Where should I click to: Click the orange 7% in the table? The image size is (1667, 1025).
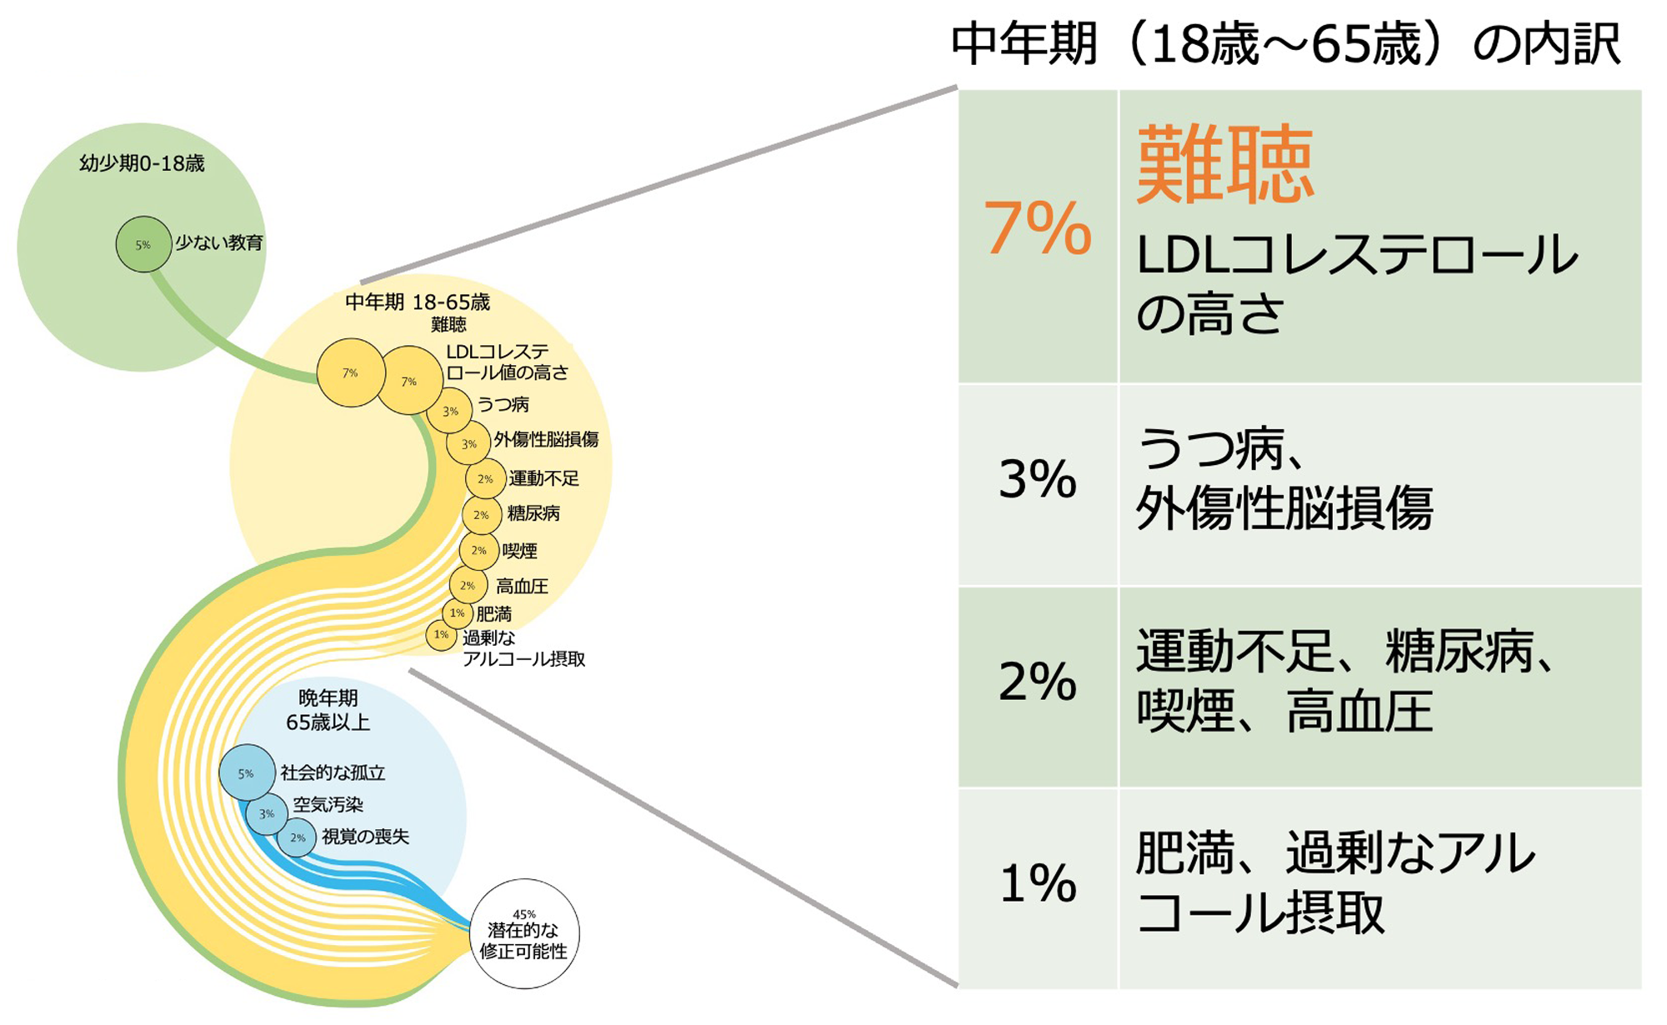(1038, 227)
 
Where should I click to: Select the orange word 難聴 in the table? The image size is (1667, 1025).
(1225, 164)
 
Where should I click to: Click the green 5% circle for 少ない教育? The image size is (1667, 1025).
(143, 244)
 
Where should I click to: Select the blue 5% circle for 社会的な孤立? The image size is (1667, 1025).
(247, 773)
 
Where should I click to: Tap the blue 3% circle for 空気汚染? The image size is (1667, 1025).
(267, 814)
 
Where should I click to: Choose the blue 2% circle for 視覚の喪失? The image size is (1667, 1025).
(297, 837)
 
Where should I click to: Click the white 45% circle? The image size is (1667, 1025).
(524, 933)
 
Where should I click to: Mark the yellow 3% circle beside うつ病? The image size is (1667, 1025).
(450, 411)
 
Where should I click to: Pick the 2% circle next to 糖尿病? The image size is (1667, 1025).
(481, 515)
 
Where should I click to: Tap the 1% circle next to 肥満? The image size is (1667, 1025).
(458, 613)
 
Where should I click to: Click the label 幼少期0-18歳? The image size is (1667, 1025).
(142, 163)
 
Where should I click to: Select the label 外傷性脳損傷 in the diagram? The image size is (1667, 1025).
(546, 440)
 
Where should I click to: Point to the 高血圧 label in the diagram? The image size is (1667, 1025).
(522, 587)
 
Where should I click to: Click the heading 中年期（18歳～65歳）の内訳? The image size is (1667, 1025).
(1286, 44)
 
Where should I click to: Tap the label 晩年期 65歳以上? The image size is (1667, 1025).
(328, 710)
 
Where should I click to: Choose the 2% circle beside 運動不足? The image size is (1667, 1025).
(485, 479)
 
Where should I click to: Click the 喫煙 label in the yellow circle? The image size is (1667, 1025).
(519, 551)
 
